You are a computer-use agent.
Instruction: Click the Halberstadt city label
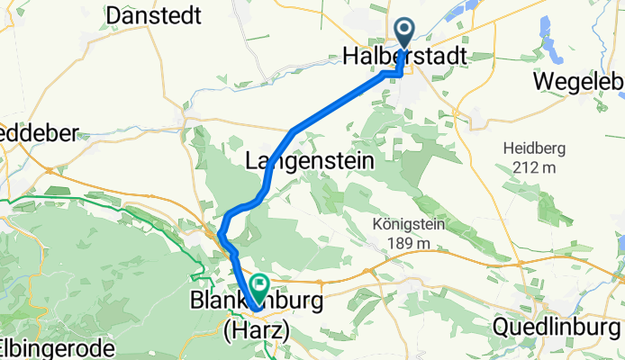pyautogui.click(x=405, y=57)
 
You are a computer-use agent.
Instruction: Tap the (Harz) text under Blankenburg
pyautogui.click(x=256, y=330)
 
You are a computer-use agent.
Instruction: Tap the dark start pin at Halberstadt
pyautogui.click(x=403, y=32)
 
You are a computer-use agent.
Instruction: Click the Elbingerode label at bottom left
pyautogui.click(x=56, y=347)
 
